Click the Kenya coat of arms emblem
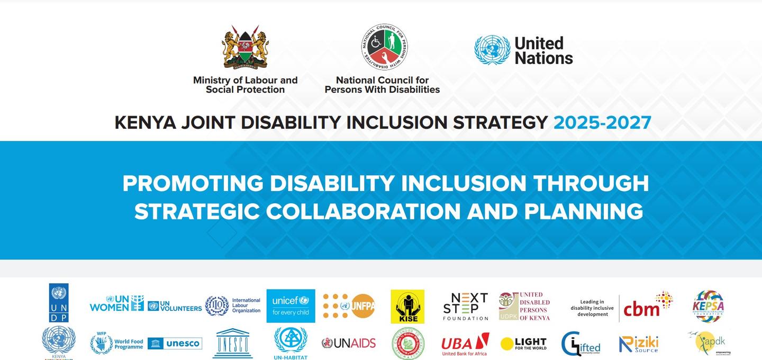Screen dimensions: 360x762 pos(245,47)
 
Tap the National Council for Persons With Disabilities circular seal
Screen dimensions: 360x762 pos(384,47)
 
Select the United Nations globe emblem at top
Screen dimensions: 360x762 pos(492,50)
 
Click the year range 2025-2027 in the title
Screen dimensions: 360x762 pos(602,122)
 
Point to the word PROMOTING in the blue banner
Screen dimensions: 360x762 pos(193,183)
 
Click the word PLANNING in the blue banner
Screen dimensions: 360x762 pos(584,211)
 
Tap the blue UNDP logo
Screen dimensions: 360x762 pos(59,303)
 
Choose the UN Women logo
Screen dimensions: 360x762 pos(116,303)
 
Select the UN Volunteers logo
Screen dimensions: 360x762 pos(175,306)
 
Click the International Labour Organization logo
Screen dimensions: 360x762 pos(233,305)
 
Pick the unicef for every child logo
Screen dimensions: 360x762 pos(291,306)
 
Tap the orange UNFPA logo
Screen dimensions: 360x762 pos(349,306)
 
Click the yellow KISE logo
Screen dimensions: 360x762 pos(407,306)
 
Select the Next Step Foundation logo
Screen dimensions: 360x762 pos(466,306)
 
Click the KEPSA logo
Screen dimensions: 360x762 pos(708,306)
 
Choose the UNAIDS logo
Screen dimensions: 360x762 pos(349,343)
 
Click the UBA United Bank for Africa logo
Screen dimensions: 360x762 pos(465,344)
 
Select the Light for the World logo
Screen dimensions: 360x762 pos(523,344)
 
